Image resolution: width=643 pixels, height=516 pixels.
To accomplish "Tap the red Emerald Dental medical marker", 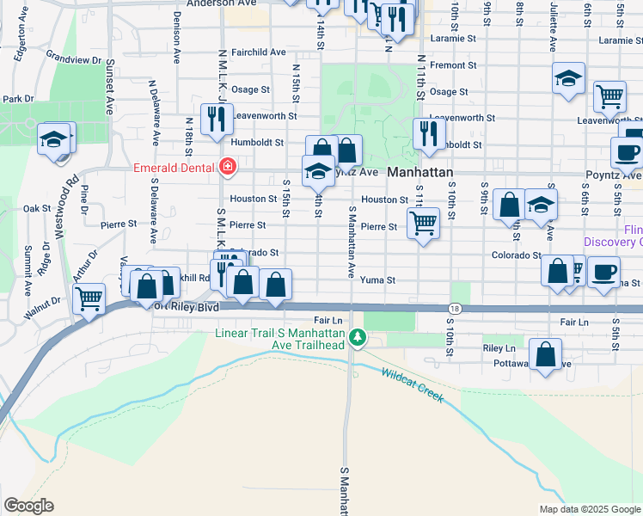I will pos(228,167).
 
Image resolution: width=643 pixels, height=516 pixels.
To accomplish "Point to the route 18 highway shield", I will pos(455,308).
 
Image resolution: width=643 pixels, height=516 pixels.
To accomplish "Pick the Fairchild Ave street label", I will pos(258,52).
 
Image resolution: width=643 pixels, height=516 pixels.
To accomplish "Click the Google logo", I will pos(28,506).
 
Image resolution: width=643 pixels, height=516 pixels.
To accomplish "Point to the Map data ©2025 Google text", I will pos(589,509).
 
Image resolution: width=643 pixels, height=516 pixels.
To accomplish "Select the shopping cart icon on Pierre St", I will pos(422,223).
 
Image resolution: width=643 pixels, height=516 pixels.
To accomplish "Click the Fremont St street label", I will pos(453,65).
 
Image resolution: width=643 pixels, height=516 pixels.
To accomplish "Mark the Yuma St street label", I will pos(377,279).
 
